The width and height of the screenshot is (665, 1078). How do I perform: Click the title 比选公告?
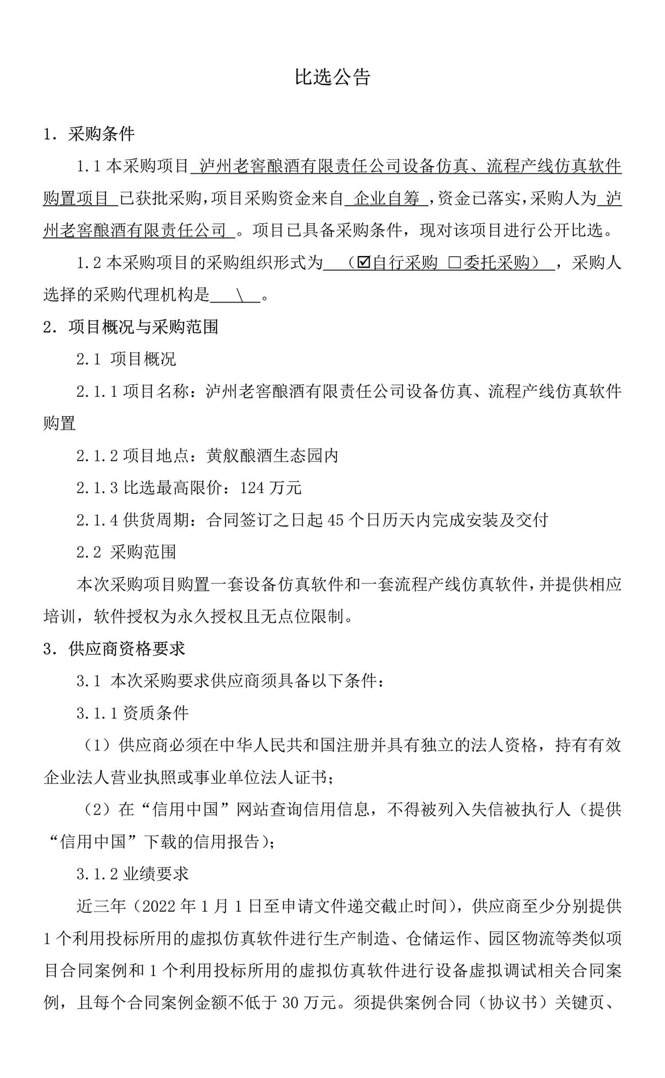tap(332, 77)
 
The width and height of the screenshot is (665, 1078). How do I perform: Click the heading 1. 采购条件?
tap(89, 134)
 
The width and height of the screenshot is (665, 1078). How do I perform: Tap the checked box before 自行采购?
tap(364, 263)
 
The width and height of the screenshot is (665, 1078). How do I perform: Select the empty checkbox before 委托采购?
tap(454, 263)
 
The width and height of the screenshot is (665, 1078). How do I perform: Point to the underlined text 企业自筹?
tap(387, 198)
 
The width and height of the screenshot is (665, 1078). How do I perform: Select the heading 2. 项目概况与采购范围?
tap(131, 327)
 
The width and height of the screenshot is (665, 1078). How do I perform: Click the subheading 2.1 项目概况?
tap(126, 359)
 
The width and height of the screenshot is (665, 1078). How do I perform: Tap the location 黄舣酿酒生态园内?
tap(272, 456)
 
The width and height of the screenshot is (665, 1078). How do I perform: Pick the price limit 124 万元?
tap(270, 488)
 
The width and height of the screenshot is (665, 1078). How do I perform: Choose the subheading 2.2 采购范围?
tap(126, 552)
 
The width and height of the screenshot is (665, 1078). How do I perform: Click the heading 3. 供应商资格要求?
tap(114, 649)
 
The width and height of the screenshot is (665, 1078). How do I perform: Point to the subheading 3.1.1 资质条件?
tap(133, 713)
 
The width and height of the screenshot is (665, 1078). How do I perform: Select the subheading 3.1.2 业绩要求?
tap(133, 874)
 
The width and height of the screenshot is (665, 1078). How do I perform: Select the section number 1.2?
tap(89, 263)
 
